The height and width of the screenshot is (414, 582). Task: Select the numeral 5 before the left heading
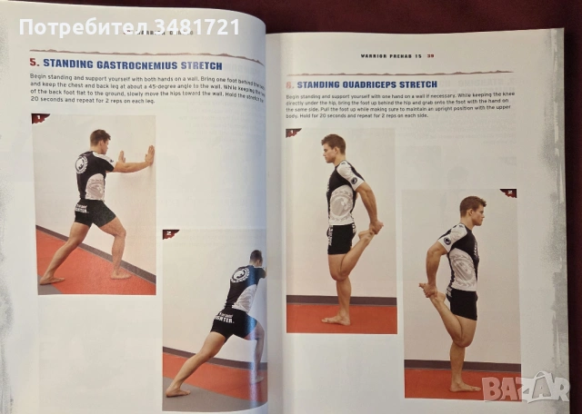(x=35, y=64)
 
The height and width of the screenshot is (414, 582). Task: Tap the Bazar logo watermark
(x=526, y=388)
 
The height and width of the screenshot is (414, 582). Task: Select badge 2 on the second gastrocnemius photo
(x=169, y=234)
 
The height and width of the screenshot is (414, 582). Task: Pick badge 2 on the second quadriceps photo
(x=507, y=193)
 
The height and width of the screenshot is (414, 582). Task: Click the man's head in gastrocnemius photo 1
(x=100, y=140)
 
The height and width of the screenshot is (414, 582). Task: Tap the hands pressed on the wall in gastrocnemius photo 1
(x=148, y=156)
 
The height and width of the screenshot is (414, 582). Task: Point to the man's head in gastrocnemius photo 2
(x=256, y=258)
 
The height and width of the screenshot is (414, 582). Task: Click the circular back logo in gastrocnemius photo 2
(x=239, y=276)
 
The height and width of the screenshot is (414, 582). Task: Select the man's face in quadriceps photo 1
(x=335, y=147)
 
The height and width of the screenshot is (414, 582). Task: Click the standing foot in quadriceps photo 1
(x=336, y=319)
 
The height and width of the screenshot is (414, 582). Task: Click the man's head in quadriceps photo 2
(x=471, y=210)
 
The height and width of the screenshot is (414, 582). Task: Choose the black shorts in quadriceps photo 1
(x=342, y=238)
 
